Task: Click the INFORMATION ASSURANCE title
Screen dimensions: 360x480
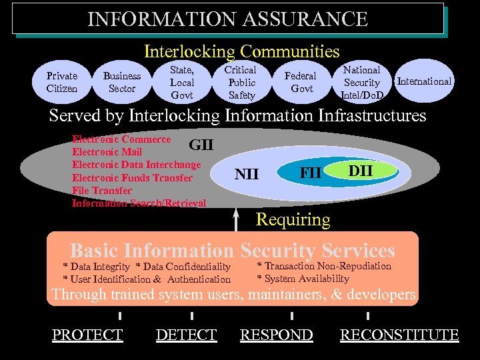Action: (227, 19)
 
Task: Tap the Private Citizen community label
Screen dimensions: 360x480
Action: (62, 82)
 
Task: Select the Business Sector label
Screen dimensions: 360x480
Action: (122, 82)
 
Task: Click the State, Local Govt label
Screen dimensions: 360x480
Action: (182, 82)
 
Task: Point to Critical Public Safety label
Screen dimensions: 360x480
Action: (241, 82)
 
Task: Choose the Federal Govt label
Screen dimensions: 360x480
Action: (301, 82)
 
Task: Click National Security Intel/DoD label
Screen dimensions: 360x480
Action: (361, 83)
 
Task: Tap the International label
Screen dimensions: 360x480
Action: (424, 81)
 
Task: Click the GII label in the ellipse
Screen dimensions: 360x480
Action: (201, 145)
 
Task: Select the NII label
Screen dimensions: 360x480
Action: (247, 175)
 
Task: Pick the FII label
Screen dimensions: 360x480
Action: (311, 173)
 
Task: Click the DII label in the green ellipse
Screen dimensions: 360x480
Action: (361, 171)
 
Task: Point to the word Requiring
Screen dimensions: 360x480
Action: (293, 219)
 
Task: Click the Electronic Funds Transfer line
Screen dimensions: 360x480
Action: (132, 178)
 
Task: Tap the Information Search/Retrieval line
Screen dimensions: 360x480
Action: (139, 203)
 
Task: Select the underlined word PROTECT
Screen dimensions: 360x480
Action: (87, 335)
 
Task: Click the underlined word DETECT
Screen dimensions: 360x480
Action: (186, 335)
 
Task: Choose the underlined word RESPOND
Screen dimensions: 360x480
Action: (276, 335)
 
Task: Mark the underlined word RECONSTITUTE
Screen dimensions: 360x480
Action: (399, 335)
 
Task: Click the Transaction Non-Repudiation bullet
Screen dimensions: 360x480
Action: (325, 266)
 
